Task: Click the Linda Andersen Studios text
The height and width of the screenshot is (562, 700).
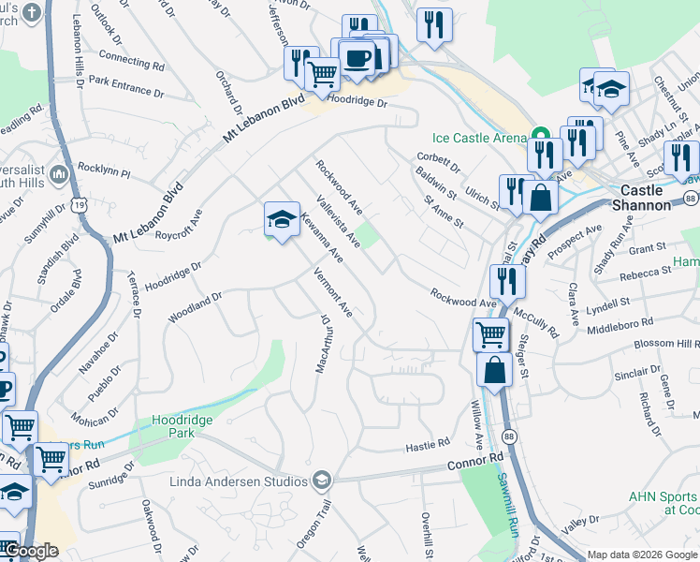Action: tap(240, 482)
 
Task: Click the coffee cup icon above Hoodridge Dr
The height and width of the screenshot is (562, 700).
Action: tap(357, 60)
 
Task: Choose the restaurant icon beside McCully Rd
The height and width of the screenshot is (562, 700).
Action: tap(506, 281)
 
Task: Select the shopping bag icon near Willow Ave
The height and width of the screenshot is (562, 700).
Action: tap(493, 369)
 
